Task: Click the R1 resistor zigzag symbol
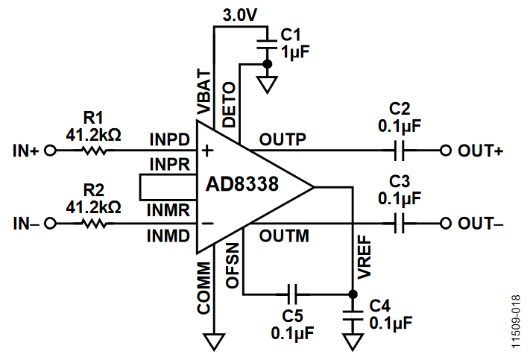(x=95, y=151)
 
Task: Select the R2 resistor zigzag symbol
(x=95, y=224)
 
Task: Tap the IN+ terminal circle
(x=51, y=151)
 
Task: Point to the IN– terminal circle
(x=51, y=224)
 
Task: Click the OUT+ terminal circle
(x=446, y=151)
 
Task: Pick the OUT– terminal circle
(x=446, y=224)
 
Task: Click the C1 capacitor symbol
(x=267, y=45)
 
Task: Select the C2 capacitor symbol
(x=400, y=151)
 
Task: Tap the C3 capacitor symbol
(x=400, y=224)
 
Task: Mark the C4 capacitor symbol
(x=353, y=315)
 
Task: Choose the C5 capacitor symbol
(x=292, y=294)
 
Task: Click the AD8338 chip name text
(x=242, y=184)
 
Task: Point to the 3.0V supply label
(x=240, y=15)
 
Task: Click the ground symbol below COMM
(x=214, y=342)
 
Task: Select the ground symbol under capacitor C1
(x=267, y=84)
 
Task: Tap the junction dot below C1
(x=267, y=63)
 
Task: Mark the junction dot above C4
(x=353, y=294)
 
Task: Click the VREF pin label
(x=365, y=257)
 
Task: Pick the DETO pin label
(x=229, y=104)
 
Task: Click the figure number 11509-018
(x=516, y=322)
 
